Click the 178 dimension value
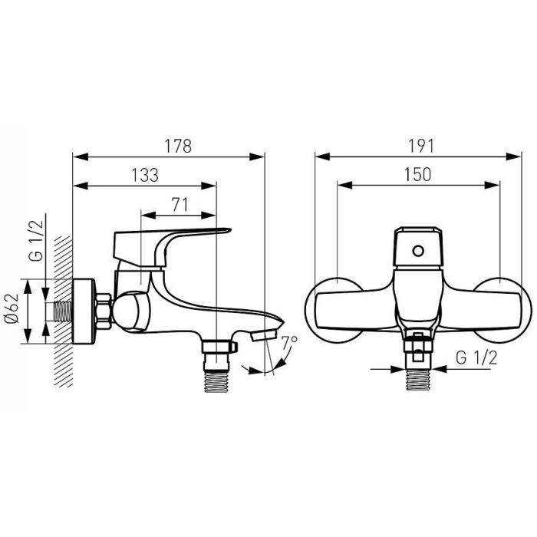(x=178, y=147)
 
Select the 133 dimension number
(x=145, y=175)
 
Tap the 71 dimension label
(x=180, y=205)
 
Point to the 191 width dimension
(x=421, y=147)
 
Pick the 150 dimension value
(x=417, y=175)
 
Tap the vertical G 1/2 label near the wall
(x=36, y=240)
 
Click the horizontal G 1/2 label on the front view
(x=476, y=358)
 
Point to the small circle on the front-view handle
(x=418, y=251)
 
